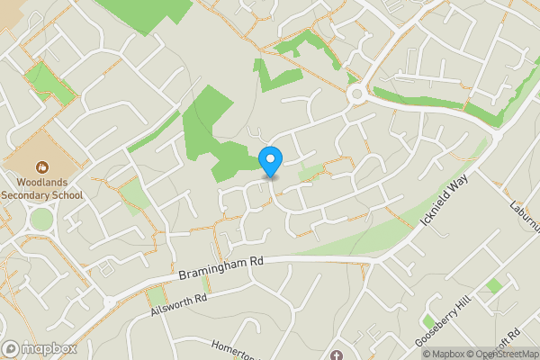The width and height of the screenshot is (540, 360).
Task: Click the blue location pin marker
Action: pyautogui.click(x=270, y=160)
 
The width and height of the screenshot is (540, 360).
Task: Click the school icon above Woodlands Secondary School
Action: pyautogui.click(x=41, y=166)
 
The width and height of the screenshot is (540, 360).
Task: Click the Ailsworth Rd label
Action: pyautogui.click(x=180, y=308)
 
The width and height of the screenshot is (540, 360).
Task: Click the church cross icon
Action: pyautogui.click(x=338, y=354)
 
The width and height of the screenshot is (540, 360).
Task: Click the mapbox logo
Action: pyautogui.click(x=38, y=348)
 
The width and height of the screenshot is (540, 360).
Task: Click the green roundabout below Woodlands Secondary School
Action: pyautogui.click(x=41, y=219)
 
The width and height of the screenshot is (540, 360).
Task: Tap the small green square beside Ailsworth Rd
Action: pyautogui.click(x=157, y=296)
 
